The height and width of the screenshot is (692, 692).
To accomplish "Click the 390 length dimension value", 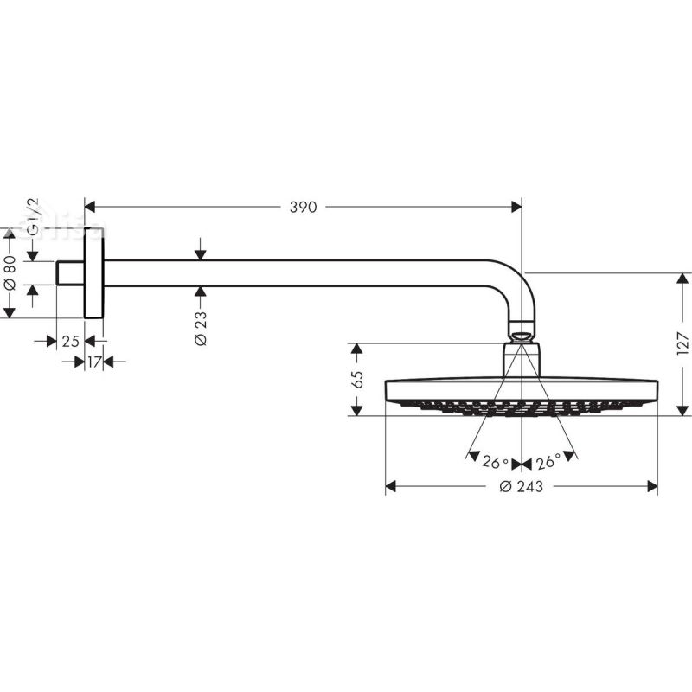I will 304,207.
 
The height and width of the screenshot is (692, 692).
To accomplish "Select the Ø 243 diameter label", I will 521,487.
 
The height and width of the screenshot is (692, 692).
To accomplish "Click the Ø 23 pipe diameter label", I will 201,329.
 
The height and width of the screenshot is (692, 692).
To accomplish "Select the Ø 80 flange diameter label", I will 10,272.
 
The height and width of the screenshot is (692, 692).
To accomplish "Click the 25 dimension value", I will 71,342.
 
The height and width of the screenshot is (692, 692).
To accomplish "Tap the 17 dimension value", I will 94,362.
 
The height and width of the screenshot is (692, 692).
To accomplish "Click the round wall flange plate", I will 93,273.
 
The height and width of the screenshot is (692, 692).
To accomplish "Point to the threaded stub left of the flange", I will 70,273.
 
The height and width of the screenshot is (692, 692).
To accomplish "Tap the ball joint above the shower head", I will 521,330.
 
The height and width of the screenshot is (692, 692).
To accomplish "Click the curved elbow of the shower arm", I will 517,289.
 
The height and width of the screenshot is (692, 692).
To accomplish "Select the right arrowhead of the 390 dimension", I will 516,207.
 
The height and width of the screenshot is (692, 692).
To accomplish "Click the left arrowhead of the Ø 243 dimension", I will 391,487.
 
